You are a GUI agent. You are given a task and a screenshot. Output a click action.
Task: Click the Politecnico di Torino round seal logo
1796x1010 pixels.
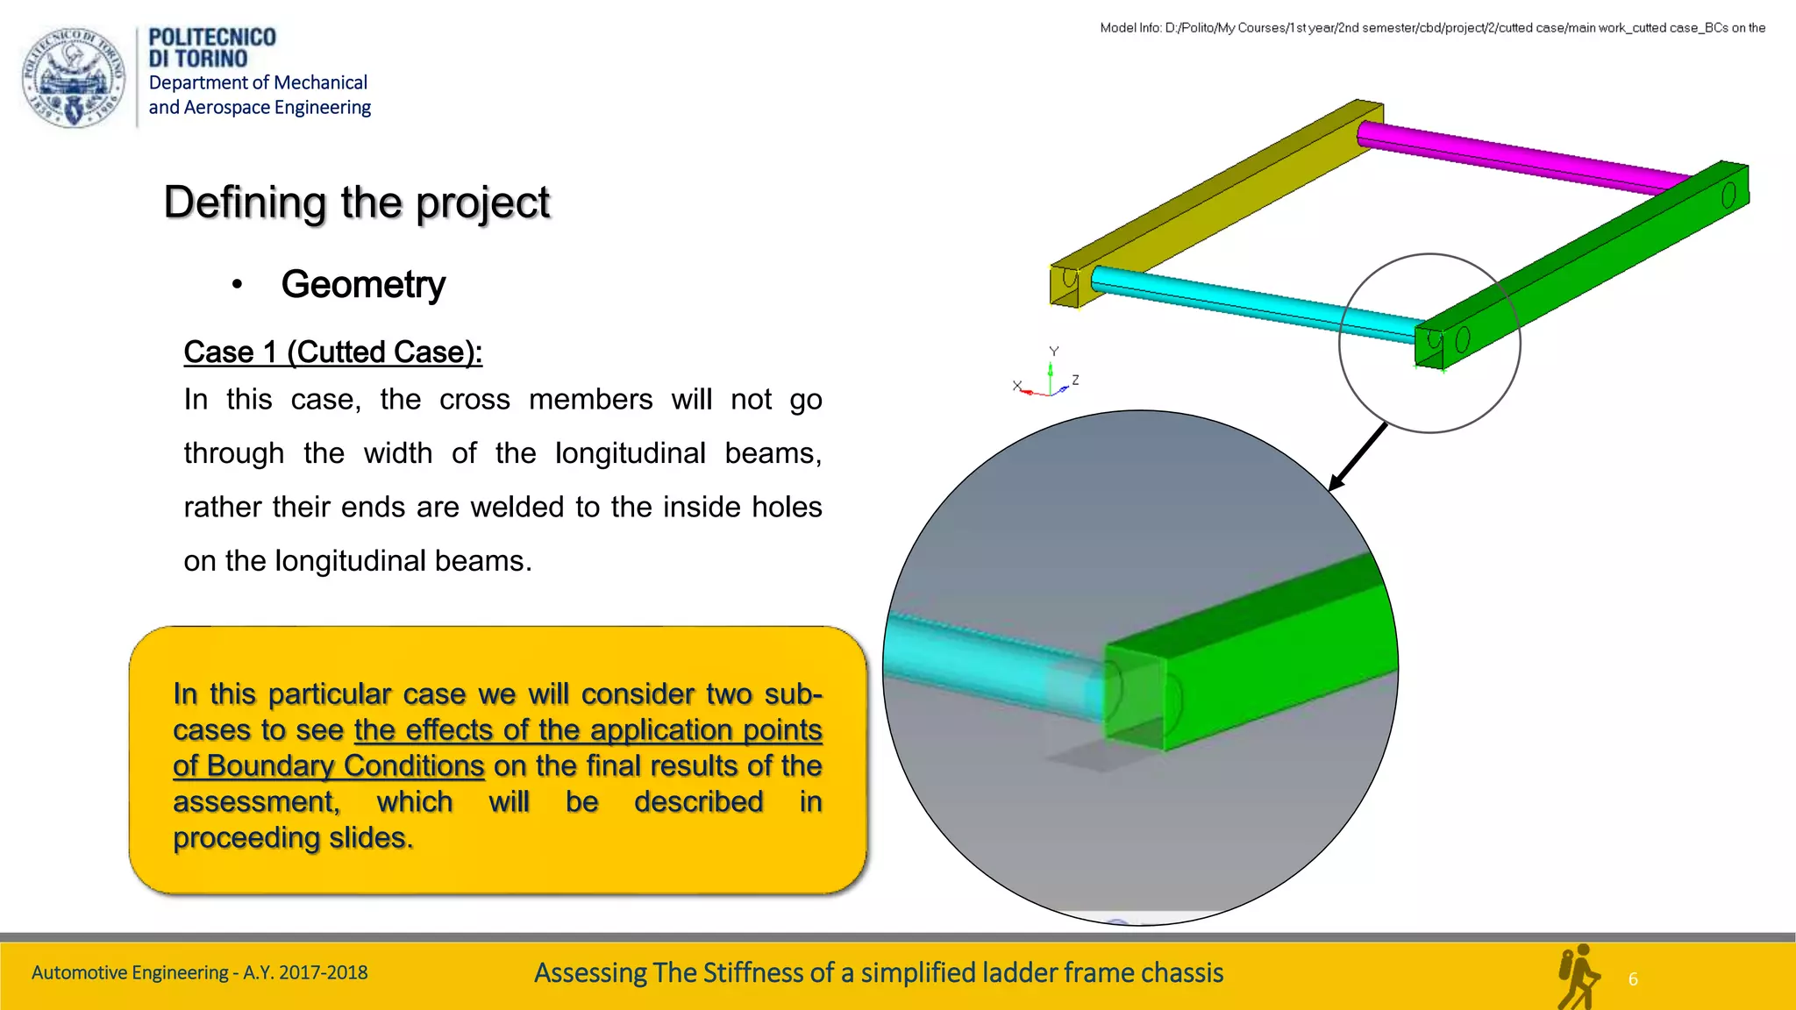click(74, 77)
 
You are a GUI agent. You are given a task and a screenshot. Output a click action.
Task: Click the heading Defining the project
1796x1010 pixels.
click(356, 203)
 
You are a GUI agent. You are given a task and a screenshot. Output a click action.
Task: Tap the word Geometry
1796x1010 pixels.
click(363, 285)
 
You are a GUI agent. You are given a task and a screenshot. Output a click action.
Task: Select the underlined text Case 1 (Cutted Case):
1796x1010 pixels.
click(332, 352)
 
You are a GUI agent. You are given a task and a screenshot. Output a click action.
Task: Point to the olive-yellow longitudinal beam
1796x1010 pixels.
click(1219, 203)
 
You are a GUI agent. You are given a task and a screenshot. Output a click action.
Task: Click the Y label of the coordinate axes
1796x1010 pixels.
click(1054, 351)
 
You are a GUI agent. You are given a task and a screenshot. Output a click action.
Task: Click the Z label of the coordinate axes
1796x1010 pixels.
click(1075, 380)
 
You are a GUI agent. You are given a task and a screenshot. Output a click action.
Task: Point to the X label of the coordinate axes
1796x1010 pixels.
click(1017, 385)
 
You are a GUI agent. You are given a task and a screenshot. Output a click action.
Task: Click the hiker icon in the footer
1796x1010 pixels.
click(1578, 977)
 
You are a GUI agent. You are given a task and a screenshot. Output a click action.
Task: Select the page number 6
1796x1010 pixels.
click(1633, 979)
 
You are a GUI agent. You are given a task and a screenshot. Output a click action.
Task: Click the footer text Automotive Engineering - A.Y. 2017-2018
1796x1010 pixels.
click(199, 972)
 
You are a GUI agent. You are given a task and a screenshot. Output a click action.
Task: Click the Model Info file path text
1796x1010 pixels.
click(1432, 28)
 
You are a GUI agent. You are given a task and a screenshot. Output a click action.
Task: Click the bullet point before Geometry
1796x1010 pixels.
click(237, 284)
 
